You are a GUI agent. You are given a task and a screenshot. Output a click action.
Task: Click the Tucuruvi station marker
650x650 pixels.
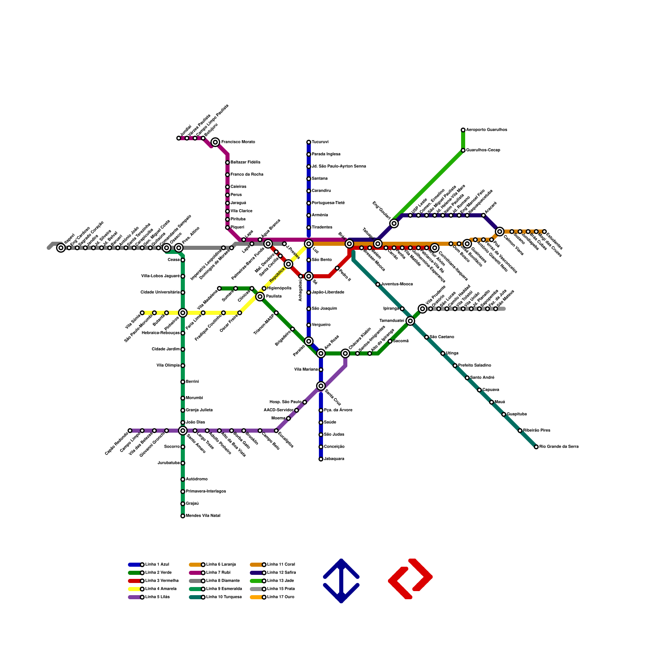(309, 142)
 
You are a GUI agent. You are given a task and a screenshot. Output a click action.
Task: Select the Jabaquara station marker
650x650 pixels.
(321, 459)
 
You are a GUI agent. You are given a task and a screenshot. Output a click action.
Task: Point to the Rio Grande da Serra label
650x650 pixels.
(559, 447)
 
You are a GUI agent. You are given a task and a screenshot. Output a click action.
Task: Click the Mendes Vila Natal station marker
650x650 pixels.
(183, 516)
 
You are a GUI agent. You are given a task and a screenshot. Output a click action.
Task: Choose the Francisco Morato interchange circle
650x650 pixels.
(215, 142)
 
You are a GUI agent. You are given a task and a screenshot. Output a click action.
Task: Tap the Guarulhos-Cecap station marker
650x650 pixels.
(463, 150)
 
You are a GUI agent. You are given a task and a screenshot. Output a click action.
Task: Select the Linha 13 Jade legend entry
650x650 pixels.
(281, 581)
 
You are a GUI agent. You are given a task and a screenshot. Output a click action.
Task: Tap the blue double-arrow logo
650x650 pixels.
(341, 581)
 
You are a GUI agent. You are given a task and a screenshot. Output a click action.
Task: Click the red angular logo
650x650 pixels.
(410, 578)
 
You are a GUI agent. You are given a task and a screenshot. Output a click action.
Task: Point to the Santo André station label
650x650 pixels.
(481, 378)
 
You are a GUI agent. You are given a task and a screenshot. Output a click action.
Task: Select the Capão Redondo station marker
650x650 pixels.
(130, 431)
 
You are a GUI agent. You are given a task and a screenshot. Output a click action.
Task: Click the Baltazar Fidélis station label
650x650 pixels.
(245, 162)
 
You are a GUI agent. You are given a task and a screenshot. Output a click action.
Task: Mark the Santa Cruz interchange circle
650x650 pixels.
(321, 386)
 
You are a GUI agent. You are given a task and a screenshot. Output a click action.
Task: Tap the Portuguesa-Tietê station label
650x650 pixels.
(328, 203)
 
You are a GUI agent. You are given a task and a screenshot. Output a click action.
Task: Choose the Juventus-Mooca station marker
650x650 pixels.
(378, 284)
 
